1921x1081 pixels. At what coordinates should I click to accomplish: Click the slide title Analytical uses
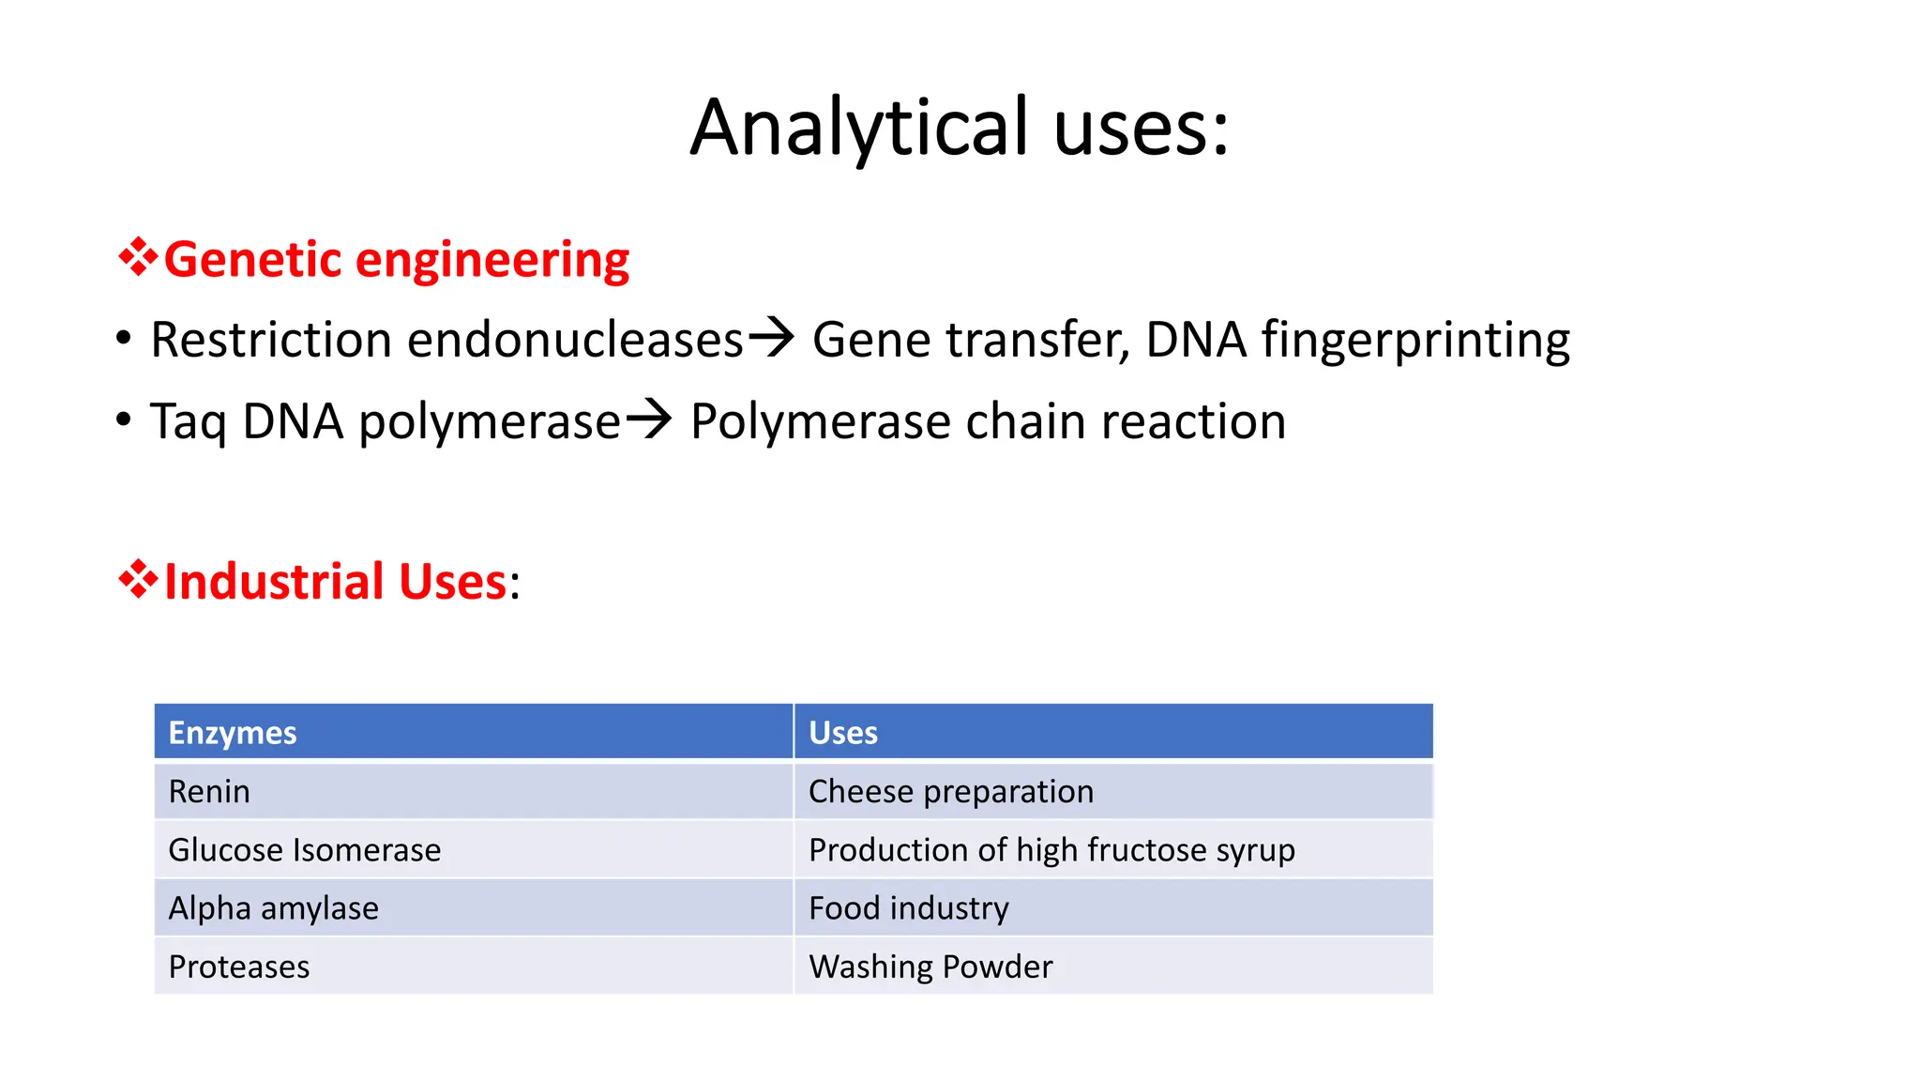click(959, 128)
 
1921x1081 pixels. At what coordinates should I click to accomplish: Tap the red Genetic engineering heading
click(396, 259)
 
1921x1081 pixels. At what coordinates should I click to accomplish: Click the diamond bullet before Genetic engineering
click(138, 257)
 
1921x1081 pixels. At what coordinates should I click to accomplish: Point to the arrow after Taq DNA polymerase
click(649, 419)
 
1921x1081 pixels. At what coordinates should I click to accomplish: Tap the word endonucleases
click(575, 340)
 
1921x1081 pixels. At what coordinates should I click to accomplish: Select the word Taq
click(188, 421)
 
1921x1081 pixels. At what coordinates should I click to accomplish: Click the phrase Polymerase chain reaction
click(988, 421)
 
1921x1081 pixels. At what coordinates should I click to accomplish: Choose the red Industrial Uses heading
click(336, 581)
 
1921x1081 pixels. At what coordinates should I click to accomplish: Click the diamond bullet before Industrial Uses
click(138, 579)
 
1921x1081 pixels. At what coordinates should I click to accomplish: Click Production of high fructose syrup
click(1051, 849)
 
